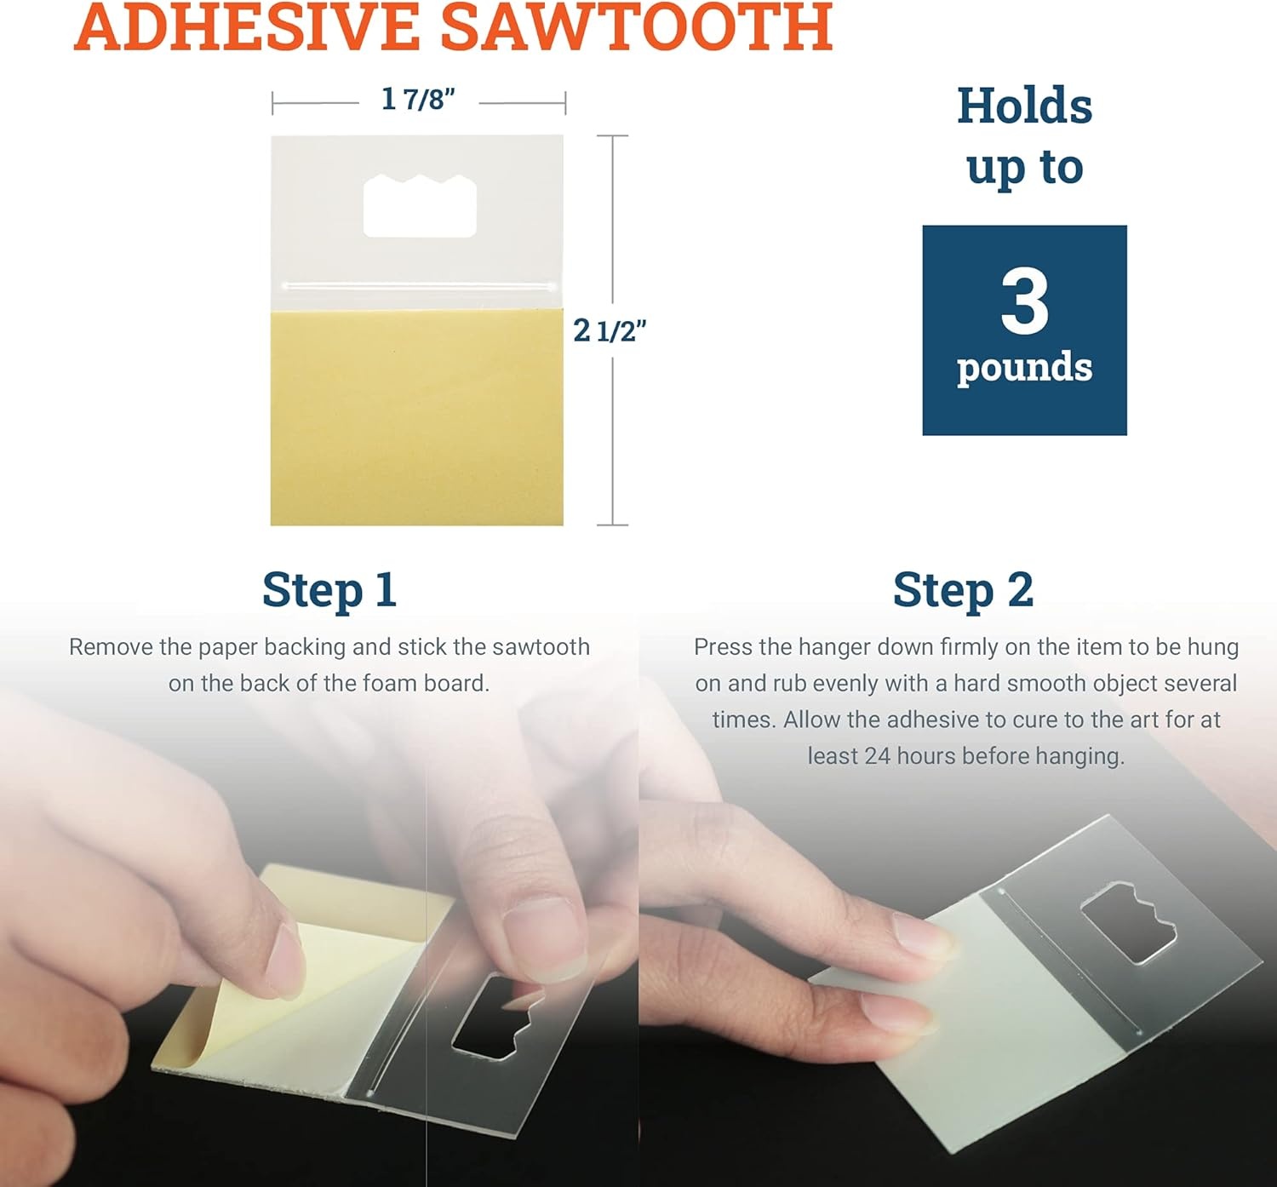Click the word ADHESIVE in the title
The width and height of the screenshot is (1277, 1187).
point(247,26)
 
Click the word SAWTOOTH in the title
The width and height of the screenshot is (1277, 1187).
point(637,26)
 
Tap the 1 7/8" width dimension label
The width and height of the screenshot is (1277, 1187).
point(418,100)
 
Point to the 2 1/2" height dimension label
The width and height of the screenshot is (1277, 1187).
point(609,331)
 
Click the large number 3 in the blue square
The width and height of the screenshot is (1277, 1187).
point(1024,301)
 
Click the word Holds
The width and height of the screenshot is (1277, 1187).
point(1025,106)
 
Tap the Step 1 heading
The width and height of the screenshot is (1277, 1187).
point(329,590)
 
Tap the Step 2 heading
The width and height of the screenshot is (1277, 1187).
point(963,590)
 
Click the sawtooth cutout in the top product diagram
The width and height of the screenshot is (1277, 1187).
point(420,206)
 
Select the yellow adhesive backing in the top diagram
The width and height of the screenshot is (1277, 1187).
point(416,417)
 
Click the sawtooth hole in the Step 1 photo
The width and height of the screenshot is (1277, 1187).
point(496,1018)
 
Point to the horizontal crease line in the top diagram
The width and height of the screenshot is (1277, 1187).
point(419,285)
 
